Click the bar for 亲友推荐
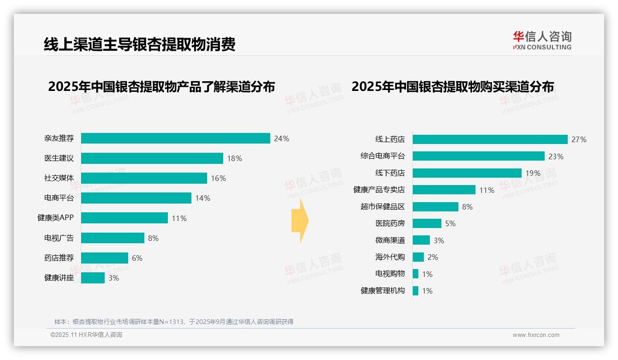(x=175, y=138)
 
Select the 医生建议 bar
(x=152, y=158)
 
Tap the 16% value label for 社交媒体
(x=219, y=178)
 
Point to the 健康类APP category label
(x=55, y=218)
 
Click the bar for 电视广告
(x=113, y=238)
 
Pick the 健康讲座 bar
(x=93, y=278)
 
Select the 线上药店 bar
(x=490, y=139)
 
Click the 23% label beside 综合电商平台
(x=556, y=156)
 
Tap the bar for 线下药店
(x=467, y=173)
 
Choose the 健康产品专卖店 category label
(x=379, y=190)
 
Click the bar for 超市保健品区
(x=435, y=207)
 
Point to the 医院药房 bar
(x=427, y=223)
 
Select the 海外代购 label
(x=390, y=257)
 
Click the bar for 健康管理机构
(x=416, y=291)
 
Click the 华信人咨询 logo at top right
(x=542, y=40)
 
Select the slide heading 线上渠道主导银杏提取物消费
(x=139, y=44)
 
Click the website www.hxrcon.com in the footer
(x=536, y=335)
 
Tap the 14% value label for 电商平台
(x=202, y=198)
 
